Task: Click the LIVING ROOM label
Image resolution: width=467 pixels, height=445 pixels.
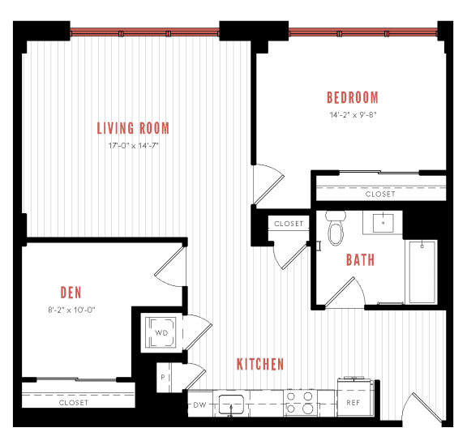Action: (133, 128)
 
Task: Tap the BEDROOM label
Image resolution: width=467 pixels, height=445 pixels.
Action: (353, 98)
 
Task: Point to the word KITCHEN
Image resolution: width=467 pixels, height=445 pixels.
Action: (260, 364)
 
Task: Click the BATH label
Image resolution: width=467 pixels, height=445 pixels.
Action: (360, 260)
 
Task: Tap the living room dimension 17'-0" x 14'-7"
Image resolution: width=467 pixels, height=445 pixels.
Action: (133, 146)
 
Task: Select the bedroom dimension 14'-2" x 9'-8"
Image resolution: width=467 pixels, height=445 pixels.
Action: (353, 114)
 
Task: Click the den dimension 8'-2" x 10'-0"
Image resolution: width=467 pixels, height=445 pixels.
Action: (72, 309)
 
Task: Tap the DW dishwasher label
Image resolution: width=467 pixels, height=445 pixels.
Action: (199, 404)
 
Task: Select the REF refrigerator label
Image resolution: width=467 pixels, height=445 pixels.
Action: (353, 403)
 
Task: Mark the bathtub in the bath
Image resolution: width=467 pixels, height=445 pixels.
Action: (423, 272)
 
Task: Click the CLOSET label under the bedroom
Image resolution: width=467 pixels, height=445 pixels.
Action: (380, 195)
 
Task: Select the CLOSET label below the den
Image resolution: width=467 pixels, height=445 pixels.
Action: (73, 403)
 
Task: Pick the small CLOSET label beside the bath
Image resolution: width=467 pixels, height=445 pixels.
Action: (288, 224)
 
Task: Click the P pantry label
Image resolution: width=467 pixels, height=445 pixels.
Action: (163, 378)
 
